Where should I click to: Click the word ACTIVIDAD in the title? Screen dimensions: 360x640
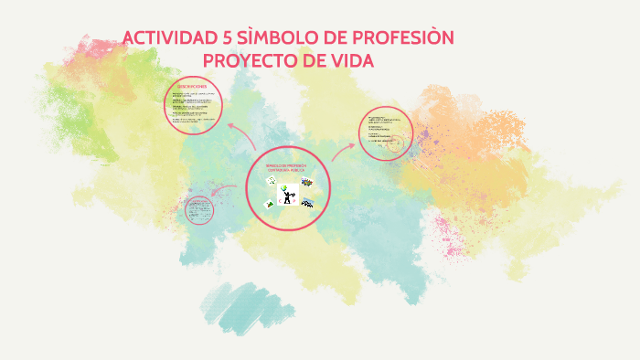[167, 38]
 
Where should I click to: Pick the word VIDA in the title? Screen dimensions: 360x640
[349, 60]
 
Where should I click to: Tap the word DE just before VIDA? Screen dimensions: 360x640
[311, 60]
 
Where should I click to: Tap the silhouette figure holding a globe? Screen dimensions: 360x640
[288, 194]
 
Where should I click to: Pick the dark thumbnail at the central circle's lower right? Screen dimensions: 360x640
[308, 203]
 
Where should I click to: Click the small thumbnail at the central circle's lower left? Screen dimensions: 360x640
[269, 204]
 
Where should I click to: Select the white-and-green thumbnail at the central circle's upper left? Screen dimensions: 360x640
[271, 182]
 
